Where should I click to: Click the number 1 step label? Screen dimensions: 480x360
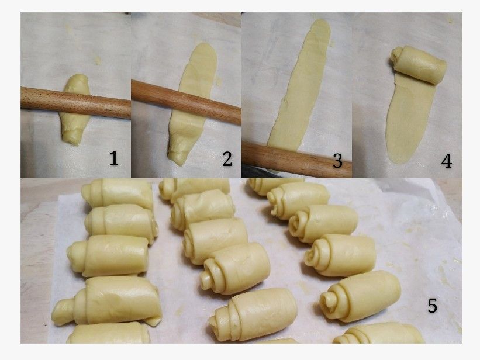tap(114, 158)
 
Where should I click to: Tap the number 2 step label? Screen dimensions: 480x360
tap(227, 159)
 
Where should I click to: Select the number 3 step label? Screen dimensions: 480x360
tap(337, 160)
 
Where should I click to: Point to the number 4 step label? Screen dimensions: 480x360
tap(446, 161)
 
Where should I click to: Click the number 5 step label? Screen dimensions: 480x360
tap(432, 305)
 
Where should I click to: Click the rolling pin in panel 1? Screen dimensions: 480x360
tap(75, 102)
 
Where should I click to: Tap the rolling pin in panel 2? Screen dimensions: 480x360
tap(186, 102)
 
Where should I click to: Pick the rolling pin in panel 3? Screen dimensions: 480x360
tap(296, 158)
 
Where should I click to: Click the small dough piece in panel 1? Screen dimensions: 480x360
tap(75, 109)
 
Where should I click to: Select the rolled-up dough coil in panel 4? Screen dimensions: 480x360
tap(418, 65)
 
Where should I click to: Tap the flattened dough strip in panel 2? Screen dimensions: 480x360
tap(192, 104)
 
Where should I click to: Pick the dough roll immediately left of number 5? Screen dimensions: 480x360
tap(360, 296)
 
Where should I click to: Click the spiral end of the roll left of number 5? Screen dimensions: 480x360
tap(330, 303)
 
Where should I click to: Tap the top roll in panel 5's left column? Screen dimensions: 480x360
tap(118, 194)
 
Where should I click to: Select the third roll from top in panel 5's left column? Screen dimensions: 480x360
tap(108, 256)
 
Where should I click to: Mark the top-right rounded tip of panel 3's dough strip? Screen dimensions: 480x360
tap(324, 23)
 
